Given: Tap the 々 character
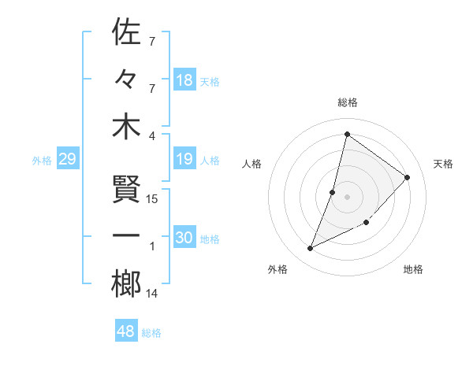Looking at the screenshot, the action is click(x=126, y=80).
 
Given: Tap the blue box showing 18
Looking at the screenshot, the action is click(x=184, y=80).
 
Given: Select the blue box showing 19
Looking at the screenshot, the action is click(x=184, y=160).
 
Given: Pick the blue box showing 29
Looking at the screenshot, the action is click(x=67, y=160).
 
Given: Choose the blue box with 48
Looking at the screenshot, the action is click(x=126, y=331).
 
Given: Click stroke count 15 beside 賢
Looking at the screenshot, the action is click(x=153, y=198).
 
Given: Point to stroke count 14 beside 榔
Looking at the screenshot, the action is click(x=152, y=294).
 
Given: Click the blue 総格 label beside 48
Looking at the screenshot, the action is click(x=151, y=333).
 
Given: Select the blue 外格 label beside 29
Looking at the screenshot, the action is click(x=42, y=161).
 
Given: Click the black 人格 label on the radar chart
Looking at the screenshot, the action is click(x=252, y=164).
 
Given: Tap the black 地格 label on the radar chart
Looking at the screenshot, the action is click(x=413, y=270).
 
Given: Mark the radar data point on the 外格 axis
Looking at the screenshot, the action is click(x=311, y=249).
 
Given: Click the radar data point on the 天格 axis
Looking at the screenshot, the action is click(x=407, y=177).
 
